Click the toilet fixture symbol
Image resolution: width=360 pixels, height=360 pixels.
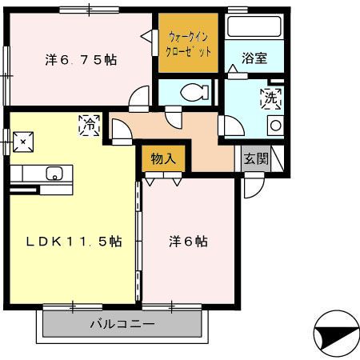point(193,92)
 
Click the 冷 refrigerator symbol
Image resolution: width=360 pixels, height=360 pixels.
point(90,124)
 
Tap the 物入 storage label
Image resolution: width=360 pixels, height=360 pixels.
point(163,158)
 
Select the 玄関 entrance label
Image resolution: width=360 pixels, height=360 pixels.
point(257,158)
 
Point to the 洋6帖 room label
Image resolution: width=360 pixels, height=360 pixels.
point(188,241)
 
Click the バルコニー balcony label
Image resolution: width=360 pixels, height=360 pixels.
point(120,324)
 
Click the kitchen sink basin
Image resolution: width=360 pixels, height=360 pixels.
point(55,174)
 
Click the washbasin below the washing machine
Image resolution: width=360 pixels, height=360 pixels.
point(274,126)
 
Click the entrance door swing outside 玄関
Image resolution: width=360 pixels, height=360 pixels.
point(254,189)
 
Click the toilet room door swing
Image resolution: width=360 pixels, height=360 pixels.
point(174,117)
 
